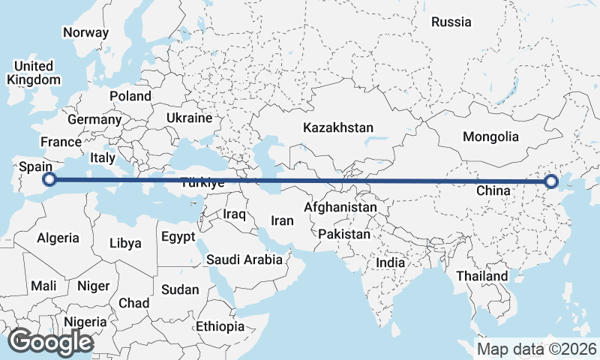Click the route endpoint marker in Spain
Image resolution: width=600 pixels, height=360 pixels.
coord(49,179)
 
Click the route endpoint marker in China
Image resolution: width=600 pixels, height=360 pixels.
coord(552,181)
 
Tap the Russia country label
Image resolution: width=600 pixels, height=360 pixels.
coord(451,22)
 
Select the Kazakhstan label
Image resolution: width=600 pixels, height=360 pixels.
coord(337,128)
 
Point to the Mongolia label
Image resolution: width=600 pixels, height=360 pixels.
coord(490,136)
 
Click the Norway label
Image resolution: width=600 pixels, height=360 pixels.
coord(85,32)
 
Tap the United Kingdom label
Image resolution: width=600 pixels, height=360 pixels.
coord(34,73)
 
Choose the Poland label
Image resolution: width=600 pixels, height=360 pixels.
coord(130,96)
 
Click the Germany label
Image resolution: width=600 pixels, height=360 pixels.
coord(94,119)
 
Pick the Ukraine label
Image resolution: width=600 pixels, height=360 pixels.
coord(189,118)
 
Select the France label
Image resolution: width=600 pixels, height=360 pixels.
coord(61,142)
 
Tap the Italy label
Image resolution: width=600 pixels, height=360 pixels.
coord(103,158)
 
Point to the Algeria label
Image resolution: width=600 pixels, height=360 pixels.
coord(58,238)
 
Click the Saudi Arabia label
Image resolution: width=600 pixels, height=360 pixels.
coord(244,260)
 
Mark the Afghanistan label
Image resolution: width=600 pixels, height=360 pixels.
coord(340,207)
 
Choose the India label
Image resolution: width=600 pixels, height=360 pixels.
coord(390,262)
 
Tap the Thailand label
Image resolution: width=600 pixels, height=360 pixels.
coord(482,276)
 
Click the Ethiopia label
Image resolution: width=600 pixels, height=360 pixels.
coord(220,327)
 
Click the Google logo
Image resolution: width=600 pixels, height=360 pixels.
coord(50,342)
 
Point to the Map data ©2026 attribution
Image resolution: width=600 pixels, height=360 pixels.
coord(537,349)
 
